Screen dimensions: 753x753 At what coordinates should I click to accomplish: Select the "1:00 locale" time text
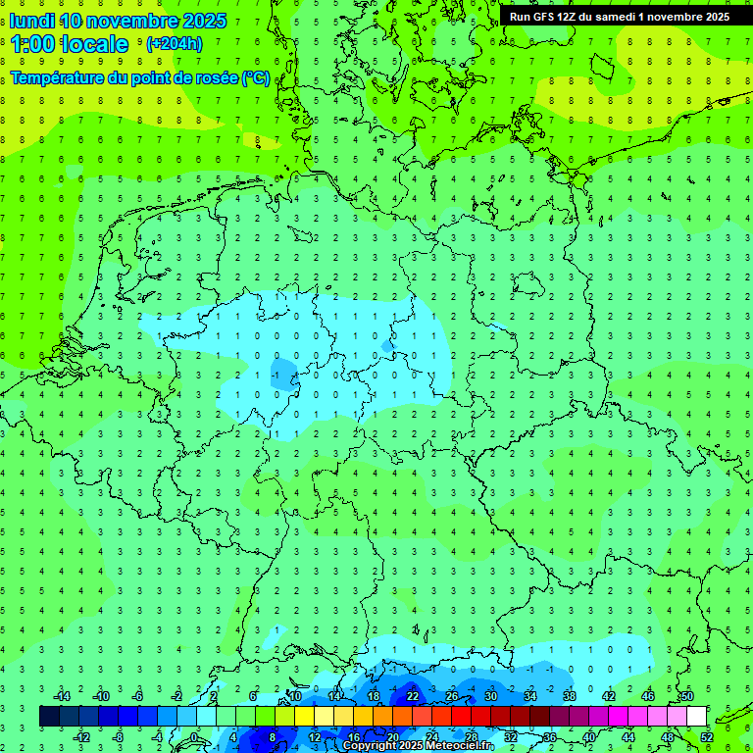pyautogui.click(x=70, y=44)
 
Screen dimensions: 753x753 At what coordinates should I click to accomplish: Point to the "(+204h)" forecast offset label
pyautogui.click(x=175, y=44)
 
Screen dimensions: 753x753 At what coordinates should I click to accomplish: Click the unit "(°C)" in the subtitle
pyautogui.click(x=257, y=76)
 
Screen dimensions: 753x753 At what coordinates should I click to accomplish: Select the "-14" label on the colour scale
pyautogui.click(x=61, y=696)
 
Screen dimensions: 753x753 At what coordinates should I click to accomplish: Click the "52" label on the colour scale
pyautogui.click(x=707, y=737)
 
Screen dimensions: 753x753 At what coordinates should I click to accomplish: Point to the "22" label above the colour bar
pyautogui.click(x=413, y=696)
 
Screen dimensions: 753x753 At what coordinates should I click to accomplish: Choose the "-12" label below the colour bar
pyautogui.click(x=80, y=737)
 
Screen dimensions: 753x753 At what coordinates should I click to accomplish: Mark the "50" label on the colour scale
pyautogui.click(x=687, y=696)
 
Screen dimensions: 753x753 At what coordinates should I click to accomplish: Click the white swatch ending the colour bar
pyautogui.click(x=697, y=717)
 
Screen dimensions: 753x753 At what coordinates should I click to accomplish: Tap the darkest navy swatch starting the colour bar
pyautogui.click(x=49, y=717)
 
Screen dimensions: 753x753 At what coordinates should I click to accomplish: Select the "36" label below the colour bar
pyautogui.click(x=550, y=737)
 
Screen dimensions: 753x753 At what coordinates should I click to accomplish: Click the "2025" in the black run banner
pyautogui.click(x=714, y=17)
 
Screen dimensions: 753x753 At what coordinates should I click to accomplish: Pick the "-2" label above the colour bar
pyautogui.click(x=177, y=696)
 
